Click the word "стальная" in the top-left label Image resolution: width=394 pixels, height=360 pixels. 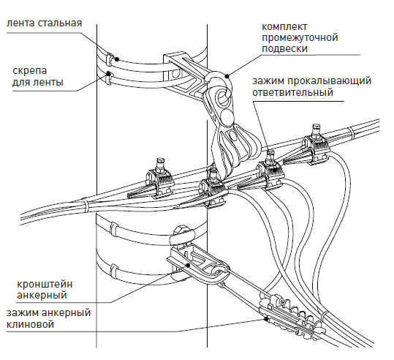click(x=60, y=23)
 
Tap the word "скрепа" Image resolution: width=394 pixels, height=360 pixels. click(x=30, y=71)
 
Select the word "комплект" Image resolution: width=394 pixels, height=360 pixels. click(x=284, y=26)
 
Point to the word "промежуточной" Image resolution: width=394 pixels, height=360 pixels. click(x=300, y=38)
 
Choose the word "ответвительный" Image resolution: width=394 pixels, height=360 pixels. click(x=292, y=92)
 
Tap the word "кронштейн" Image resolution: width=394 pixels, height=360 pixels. click(x=45, y=285)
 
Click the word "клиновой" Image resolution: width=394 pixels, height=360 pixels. click(x=30, y=324)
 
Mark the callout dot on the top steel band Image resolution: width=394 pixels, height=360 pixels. click(x=117, y=59)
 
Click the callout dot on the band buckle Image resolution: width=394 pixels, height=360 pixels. click(x=108, y=74)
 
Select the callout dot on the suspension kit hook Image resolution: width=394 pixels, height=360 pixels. click(x=227, y=75)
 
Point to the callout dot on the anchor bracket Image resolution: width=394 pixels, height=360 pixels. click(x=188, y=265)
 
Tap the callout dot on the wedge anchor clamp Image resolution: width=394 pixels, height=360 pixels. click(x=265, y=319)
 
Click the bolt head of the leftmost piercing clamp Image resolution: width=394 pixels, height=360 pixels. click(x=159, y=161)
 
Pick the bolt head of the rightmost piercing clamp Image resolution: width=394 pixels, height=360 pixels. click(x=317, y=127)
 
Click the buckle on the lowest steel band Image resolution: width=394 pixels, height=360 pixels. click(x=114, y=271)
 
